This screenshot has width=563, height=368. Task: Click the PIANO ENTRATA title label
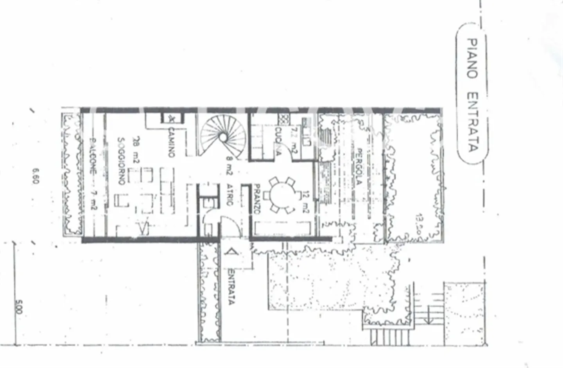click(x=473, y=95)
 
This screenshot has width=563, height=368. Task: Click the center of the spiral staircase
click(x=222, y=137)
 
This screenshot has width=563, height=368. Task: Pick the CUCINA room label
click(x=278, y=142)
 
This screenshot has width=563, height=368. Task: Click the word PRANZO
click(x=257, y=199)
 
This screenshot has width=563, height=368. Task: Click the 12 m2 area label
click(x=306, y=202)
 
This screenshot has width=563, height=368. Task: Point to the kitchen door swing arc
click(x=292, y=148)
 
